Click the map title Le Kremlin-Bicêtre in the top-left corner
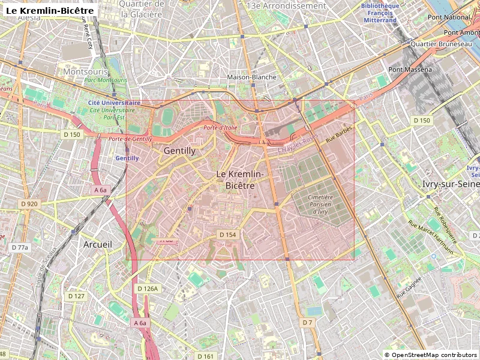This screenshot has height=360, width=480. pos(49,10)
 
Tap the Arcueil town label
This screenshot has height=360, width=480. pos(97,245)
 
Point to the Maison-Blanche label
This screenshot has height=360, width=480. pos(252,77)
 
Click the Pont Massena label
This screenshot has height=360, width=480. pos(410,70)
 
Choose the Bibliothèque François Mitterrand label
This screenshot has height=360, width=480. pos(380,13)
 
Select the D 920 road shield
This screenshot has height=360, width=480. pos(29,204)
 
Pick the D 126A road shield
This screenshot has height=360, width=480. pos(147,289)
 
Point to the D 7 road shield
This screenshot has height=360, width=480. pos(307,323)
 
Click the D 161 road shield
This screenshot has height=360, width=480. pos(205,356)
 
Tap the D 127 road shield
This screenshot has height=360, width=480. pos(76,296)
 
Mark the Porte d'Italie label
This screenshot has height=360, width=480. pos(220,127)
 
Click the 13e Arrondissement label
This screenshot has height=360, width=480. pos(286,5)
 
